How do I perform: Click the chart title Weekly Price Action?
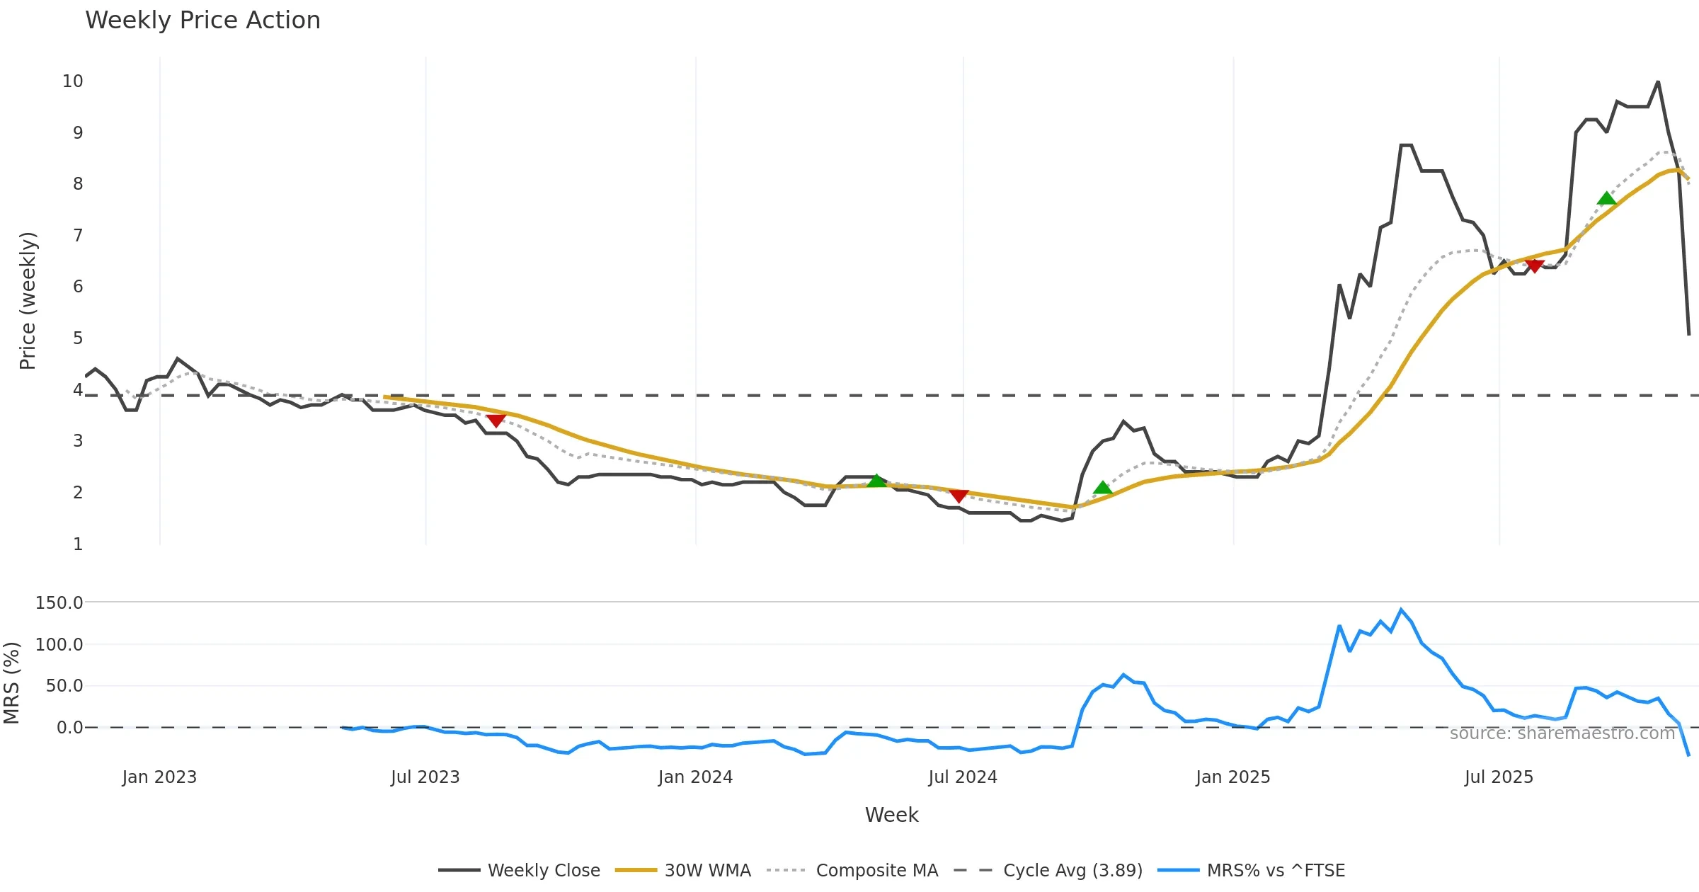tap(202, 21)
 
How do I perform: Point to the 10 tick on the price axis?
tap(73, 81)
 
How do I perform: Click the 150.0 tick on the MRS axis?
tap(59, 602)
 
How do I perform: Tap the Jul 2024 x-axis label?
tap(963, 777)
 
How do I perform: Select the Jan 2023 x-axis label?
tap(159, 777)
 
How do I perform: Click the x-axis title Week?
tap(891, 816)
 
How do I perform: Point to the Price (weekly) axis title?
tap(28, 301)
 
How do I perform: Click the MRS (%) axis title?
tap(11, 683)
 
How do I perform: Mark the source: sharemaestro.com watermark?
tap(1562, 733)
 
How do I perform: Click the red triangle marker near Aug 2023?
tap(496, 421)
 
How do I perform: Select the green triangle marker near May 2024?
tap(876, 481)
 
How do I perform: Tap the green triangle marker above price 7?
tap(1607, 198)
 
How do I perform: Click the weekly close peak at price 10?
tap(1658, 82)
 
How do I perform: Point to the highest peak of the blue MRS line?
tap(1401, 610)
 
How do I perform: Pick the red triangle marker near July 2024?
tap(959, 496)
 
